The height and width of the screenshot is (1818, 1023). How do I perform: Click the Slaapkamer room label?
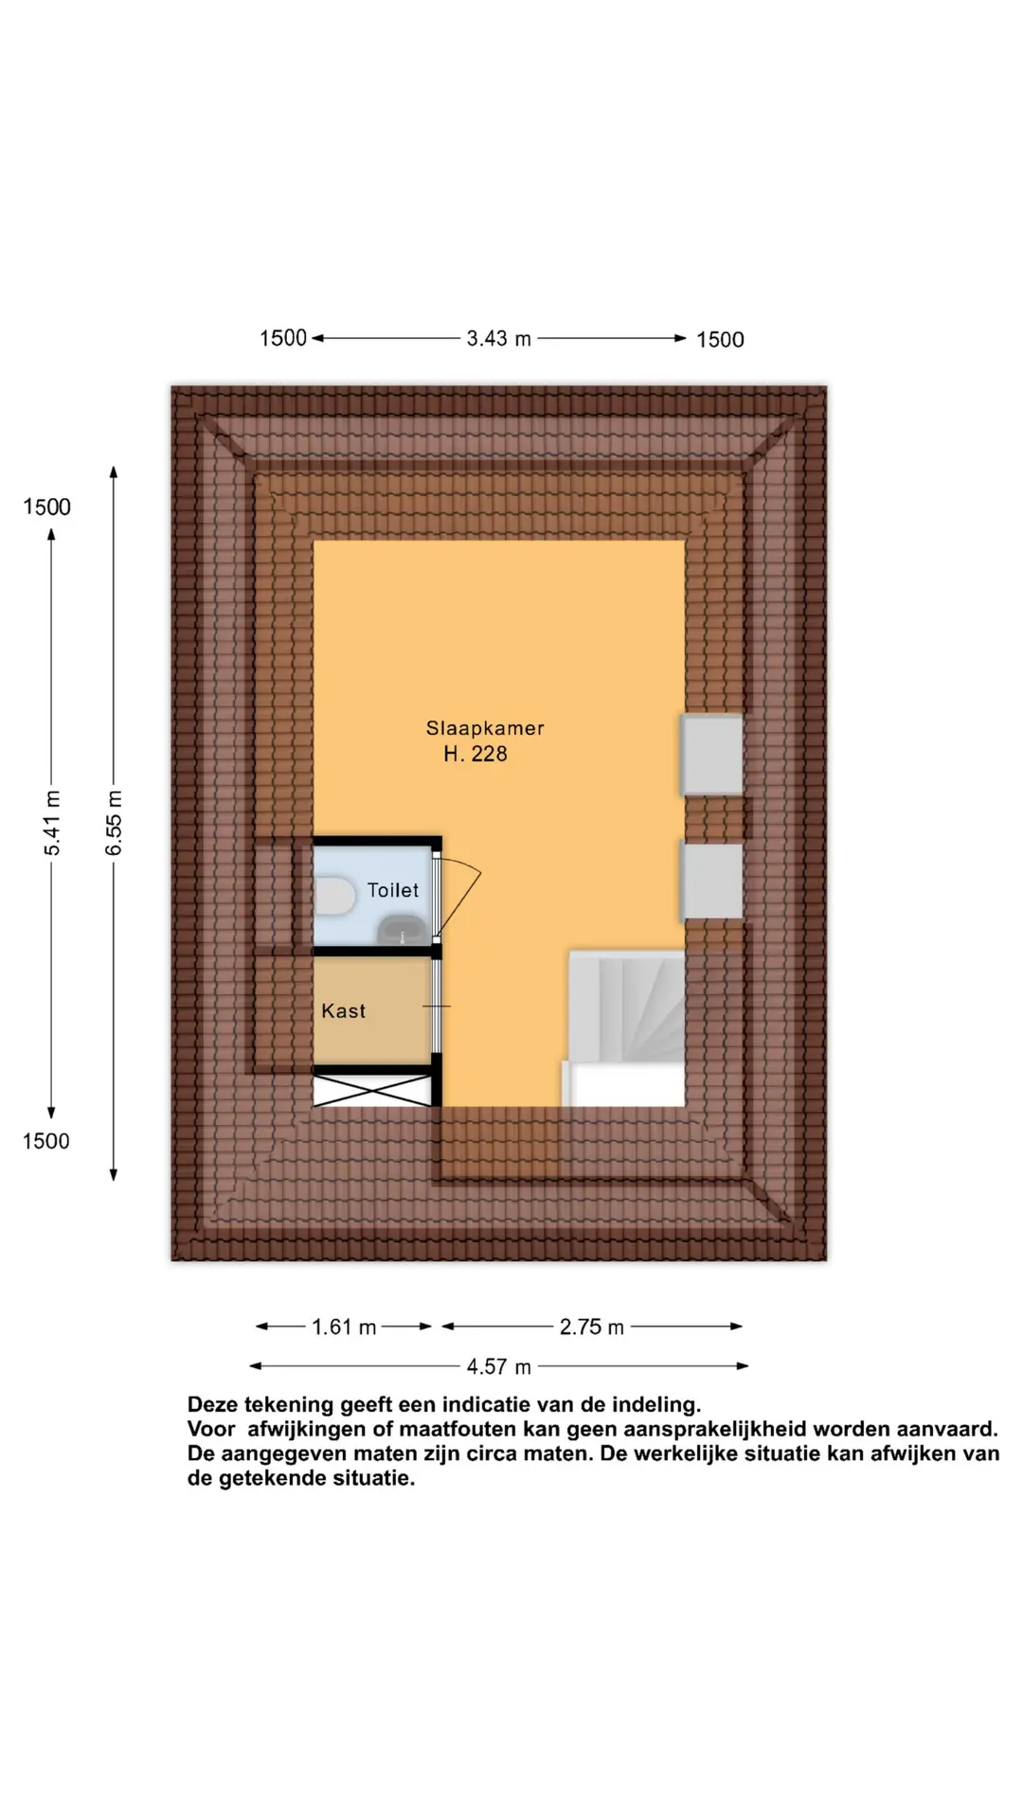485,728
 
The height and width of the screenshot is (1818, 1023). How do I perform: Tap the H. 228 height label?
476,755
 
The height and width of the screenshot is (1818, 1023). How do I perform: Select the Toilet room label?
393,890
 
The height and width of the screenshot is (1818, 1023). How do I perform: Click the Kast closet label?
343,1011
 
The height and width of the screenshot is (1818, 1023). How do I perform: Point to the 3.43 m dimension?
499,338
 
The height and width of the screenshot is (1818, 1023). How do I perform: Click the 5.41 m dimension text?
53,823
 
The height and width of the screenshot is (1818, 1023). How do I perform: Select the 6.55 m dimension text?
114,823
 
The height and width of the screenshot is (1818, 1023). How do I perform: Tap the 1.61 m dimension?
345,1328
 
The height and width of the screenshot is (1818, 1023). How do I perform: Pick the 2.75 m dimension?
592,1328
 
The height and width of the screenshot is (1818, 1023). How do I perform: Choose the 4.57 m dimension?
499,1367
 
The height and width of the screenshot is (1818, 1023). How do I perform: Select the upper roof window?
711,755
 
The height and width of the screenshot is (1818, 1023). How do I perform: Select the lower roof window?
711,881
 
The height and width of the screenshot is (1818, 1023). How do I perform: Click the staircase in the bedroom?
626,1028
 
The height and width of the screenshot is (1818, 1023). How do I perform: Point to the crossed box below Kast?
373,1091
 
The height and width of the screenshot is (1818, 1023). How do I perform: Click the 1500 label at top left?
283,338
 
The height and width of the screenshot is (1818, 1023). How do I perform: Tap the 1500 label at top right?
720,340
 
